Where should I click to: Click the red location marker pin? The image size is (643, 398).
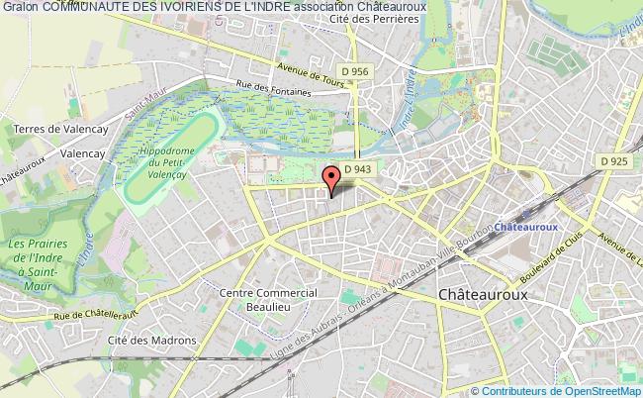pyautogui.click(x=332, y=178)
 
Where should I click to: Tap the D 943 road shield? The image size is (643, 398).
pyautogui.click(x=356, y=169)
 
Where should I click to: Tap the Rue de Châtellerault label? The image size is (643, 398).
pyautogui.click(x=72, y=314)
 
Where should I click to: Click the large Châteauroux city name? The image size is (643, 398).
pyautogui.click(x=483, y=295)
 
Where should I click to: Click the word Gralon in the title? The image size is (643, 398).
pyautogui.click(x=21, y=7)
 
